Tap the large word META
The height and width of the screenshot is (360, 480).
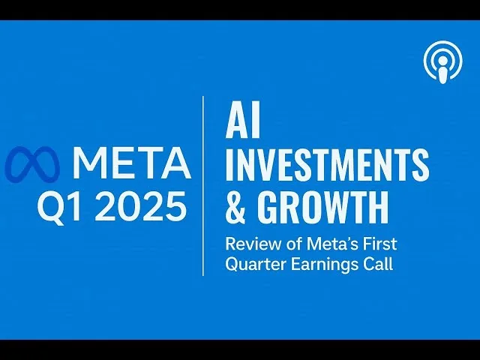click(133, 163)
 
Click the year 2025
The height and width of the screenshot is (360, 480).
click(140, 205)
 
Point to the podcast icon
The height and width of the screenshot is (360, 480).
click(443, 62)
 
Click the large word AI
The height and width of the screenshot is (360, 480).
click(243, 119)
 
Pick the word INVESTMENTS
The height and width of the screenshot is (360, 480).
click(327, 164)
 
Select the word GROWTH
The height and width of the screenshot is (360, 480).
click(323, 206)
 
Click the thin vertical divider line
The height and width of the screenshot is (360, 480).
click(203, 186)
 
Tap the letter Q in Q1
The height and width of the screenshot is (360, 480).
click(52, 207)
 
